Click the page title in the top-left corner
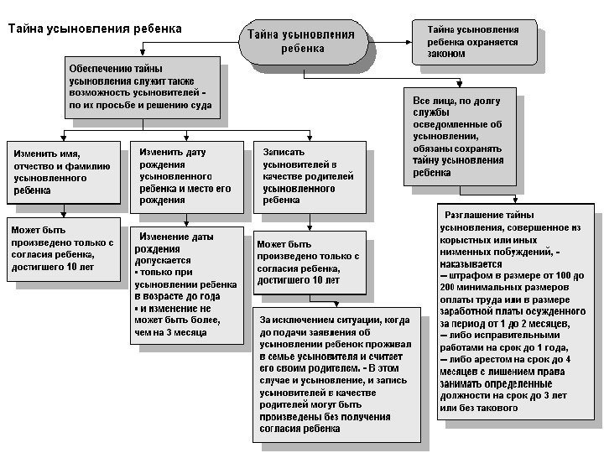[x=95, y=29]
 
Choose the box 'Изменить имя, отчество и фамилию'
[x=64, y=172]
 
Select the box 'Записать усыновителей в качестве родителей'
[x=310, y=176]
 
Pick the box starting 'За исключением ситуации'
[x=336, y=374]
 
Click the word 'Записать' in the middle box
[x=279, y=153]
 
